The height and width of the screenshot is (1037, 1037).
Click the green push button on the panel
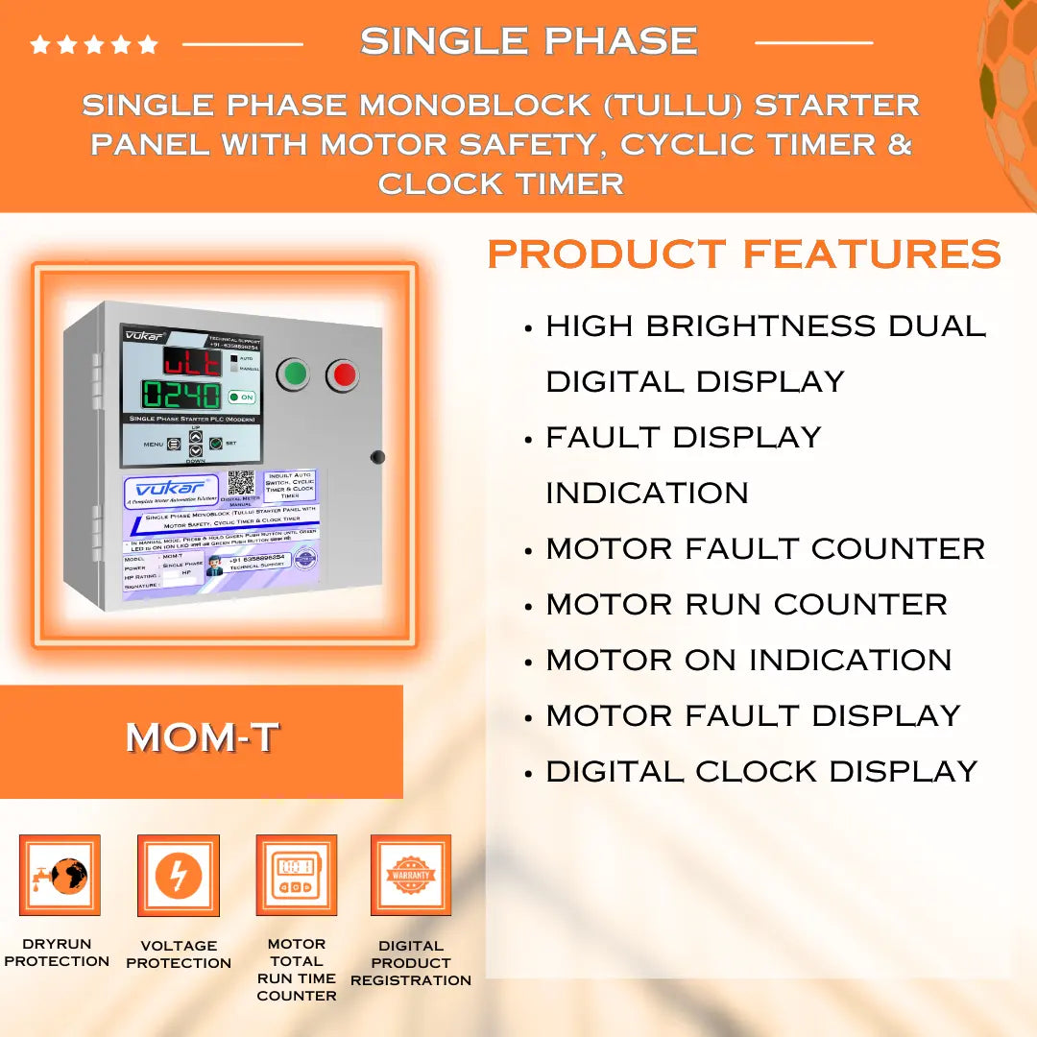point(294,375)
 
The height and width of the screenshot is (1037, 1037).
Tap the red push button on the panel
point(343,375)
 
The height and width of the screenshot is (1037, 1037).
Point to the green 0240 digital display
point(181,395)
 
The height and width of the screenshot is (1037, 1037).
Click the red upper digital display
point(191,361)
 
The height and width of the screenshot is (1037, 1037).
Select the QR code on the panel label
point(241,483)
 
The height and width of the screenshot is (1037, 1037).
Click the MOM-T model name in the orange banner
point(202,737)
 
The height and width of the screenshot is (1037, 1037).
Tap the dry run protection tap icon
point(60,875)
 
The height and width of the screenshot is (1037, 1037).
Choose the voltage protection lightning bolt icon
point(179,875)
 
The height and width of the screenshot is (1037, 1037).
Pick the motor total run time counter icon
point(296,875)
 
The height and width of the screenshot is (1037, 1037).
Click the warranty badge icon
point(411,875)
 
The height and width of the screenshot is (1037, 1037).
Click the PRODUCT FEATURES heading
point(744,254)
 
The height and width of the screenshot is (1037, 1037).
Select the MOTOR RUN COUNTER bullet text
point(746,605)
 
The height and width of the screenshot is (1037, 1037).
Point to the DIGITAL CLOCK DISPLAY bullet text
point(761,772)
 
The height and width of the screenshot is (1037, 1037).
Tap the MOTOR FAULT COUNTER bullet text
point(765,549)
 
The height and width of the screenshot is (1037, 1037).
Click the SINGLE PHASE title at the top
point(529,41)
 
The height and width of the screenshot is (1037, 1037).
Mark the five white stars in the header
point(93,44)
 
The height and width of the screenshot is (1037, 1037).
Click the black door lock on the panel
point(377,457)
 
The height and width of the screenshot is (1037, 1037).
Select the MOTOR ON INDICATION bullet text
point(749,661)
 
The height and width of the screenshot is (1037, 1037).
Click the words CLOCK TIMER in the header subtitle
point(501,183)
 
